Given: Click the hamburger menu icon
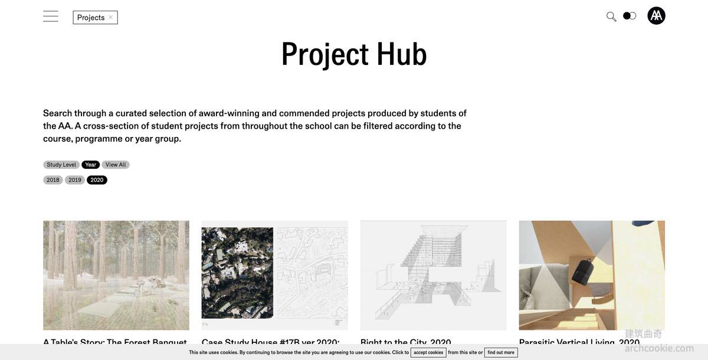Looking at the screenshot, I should (x=51, y=17).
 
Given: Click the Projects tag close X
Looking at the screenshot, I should (x=110, y=17).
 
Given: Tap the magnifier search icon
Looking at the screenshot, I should (x=611, y=17).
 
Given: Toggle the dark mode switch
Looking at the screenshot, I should (x=630, y=16).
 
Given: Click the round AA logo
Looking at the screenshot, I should (x=656, y=16).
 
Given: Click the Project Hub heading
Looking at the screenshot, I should (x=353, y=54).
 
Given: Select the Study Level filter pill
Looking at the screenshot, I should (x=61, y=165).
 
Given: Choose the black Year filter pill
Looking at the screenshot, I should (x=90, y=165).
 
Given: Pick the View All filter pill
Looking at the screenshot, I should (x=116, y=165).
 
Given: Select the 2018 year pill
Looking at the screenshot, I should (x=53, y=180).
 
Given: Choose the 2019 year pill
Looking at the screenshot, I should (x=75, y=180).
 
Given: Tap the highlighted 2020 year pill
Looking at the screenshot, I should (x=97, y=180).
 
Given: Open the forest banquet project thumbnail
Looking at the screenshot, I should (x=116, y=275).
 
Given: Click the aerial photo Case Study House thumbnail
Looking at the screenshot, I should (x=237, y=273).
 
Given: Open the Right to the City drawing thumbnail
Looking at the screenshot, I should (x=433, y=275).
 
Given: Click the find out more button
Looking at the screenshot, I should (x=501, y=352).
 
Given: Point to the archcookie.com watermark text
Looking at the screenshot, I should (x=659, y=348).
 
